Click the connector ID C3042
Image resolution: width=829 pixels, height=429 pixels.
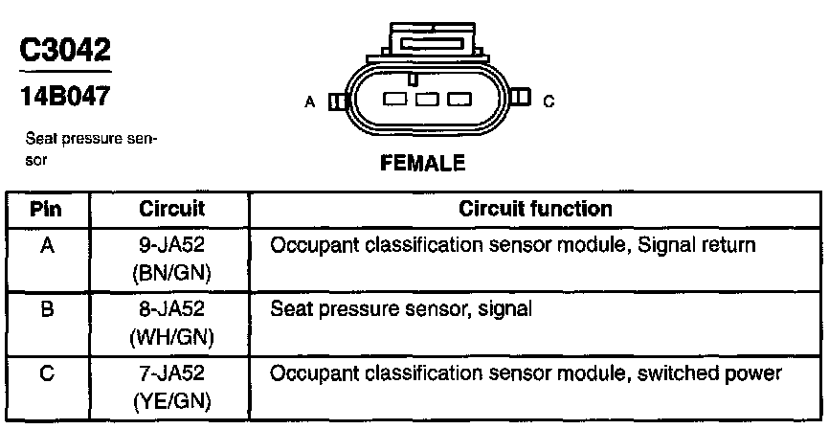(x=64, y=50)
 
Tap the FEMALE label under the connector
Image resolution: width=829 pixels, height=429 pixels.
(x=422, y=163)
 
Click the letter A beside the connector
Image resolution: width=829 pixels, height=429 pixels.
(x=309, y=101)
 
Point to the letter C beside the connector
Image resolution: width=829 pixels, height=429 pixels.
(x=549, y=101)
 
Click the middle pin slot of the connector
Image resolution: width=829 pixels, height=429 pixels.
(x=427, y=100)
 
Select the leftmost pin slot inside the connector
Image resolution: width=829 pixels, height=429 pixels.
(x=394, y=100)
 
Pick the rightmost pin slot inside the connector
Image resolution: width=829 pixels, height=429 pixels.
(x=459, y=100)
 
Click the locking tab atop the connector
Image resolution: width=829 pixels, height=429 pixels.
(x=426, y=42)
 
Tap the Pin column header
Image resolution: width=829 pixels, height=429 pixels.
(x=47, y=209)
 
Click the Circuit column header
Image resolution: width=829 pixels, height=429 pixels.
(x=172, y=209)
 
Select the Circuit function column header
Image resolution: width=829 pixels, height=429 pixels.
(x=535, y=209)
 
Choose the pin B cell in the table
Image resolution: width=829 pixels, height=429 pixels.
(x=47, y=309)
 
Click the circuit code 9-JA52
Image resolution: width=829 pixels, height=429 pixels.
(x=172, y=246)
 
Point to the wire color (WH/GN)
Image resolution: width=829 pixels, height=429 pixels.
(x=172, y=337)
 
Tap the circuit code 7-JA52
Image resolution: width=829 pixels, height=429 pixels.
(x=172, y=373)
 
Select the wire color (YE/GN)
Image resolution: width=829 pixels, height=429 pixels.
(x=172, y=400)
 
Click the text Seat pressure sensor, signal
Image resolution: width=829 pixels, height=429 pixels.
(x=400, y=309)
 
